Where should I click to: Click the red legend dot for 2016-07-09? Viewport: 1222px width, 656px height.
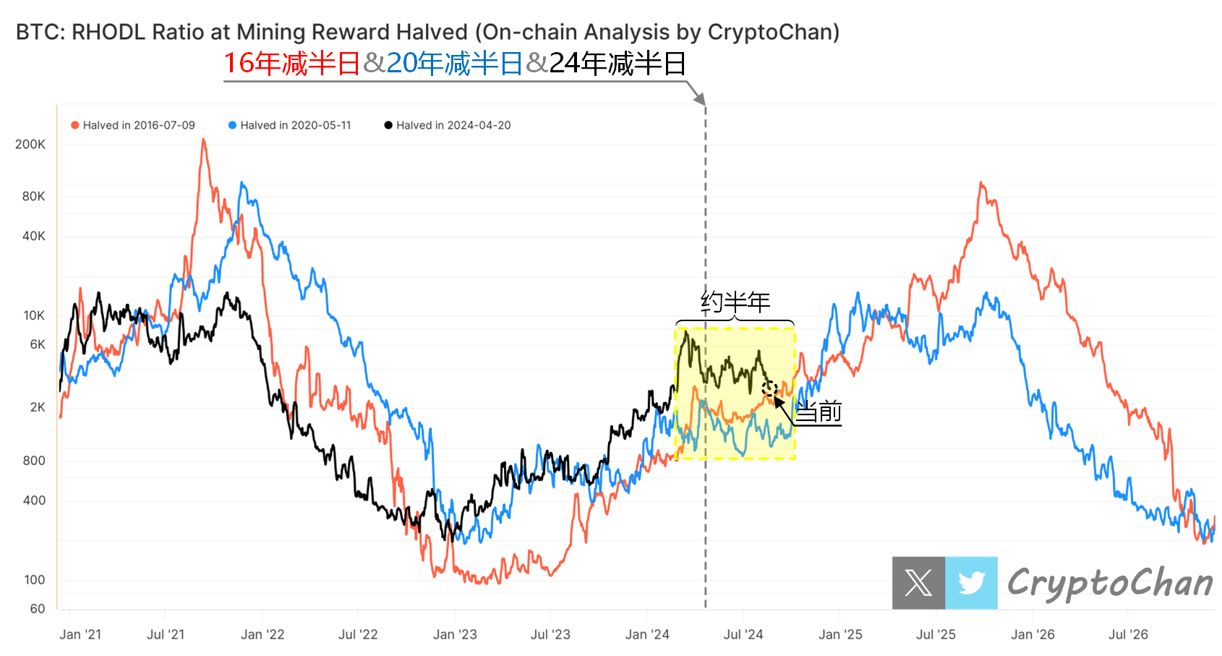[x=74, y=125]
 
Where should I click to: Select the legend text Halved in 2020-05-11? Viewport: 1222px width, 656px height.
[x=295, y=125]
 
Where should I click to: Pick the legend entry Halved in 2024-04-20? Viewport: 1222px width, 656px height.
[x=453, y=125]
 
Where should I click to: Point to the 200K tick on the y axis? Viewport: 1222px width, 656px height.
[x=30, y=144]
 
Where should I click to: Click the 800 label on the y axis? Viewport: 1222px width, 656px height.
[x=34, y=461]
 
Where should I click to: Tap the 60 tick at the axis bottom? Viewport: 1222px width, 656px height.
[x=38, y=609]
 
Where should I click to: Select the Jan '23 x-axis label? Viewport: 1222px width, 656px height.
[x=455, y=634]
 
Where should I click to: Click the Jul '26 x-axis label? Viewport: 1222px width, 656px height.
[x=1128, y=634]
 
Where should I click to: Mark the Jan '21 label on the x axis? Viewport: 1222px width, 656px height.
[x=80, y=634]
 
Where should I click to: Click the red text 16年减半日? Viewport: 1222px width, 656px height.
[x=291, y=64]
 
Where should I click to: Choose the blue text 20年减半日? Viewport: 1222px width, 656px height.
[x=454, y=64]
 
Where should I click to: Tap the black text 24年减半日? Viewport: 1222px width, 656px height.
[x=618, y=64]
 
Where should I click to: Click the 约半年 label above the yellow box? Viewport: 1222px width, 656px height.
[x=735, y=302]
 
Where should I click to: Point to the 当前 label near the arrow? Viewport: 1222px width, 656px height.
[x=819, y=412]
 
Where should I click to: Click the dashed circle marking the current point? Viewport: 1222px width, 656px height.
[x=769, y=388]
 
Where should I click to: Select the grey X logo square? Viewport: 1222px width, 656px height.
[x=918, y=582]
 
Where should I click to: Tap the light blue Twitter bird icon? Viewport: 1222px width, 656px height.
[x=971, y=582]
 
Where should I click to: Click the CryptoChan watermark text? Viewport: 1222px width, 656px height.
[x=1110, y=583]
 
